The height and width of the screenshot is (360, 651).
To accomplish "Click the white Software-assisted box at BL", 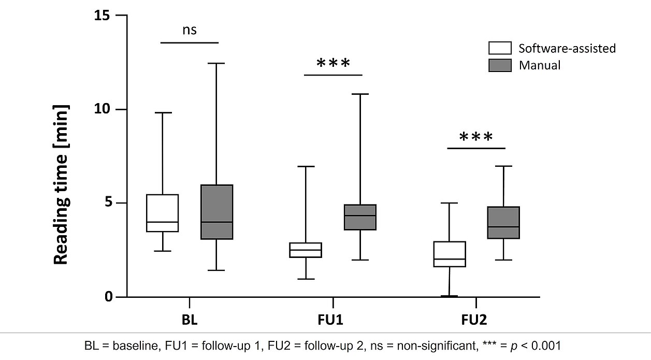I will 163,213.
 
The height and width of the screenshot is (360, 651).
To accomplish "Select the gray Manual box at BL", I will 216,212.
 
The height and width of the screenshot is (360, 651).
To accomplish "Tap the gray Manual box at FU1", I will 360,217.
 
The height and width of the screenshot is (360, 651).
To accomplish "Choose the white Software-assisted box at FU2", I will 449,254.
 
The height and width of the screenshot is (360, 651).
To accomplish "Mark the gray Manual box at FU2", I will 503,223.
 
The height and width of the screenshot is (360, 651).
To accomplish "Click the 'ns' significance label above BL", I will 190,30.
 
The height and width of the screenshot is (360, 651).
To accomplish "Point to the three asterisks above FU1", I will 333,63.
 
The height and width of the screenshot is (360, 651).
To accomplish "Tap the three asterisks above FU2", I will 476,137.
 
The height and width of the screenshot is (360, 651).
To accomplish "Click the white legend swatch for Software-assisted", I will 500,48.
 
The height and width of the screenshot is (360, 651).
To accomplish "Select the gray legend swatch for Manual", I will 500,65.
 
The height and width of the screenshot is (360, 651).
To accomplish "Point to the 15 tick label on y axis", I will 103,16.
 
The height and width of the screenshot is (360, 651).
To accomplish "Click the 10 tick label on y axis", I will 103,109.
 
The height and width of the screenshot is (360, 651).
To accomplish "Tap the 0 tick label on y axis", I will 109,297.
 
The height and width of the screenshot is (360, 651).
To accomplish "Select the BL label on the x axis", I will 190,319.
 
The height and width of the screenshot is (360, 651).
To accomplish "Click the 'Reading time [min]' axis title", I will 61,184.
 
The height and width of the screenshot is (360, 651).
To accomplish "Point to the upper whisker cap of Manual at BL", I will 216,63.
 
